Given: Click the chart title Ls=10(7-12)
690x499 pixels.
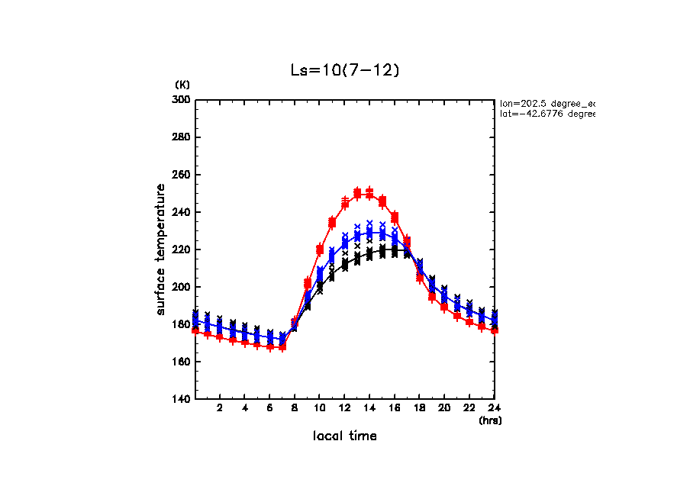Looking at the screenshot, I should [x=344, y=70].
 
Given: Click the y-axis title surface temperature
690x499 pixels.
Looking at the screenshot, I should [x=161, y=250].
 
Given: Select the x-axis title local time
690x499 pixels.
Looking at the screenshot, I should [x=344, y=436].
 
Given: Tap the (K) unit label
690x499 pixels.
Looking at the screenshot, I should [x=183, y=84].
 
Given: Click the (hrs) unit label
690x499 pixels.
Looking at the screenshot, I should [x=489, y=420].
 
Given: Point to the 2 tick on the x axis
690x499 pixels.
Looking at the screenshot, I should [x=220, y=408].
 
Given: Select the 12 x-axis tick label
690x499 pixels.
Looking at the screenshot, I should [x=344, y=408].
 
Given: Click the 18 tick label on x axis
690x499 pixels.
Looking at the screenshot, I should [x=419, y=408].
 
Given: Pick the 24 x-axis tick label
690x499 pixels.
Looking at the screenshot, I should [x=494, y=408].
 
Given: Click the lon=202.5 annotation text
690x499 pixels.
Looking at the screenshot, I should [x=547, y=102].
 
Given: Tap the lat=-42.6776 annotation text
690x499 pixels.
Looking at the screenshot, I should [x=547, y=114].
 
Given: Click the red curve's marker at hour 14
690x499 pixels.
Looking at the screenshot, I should [x=369, y=195].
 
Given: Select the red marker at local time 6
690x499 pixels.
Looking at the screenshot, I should [x=270, y=346].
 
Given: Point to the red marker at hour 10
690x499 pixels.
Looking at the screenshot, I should [x=320, y=250].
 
